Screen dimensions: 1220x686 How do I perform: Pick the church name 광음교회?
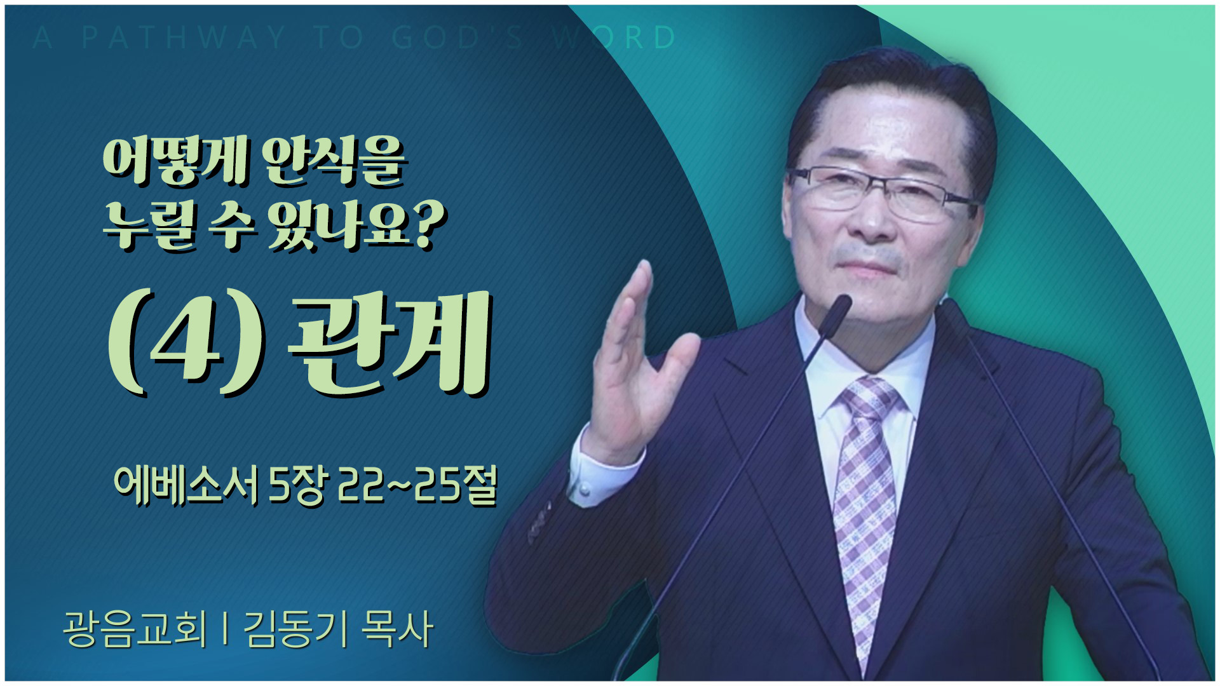pyautogui.click(x=135, y=629)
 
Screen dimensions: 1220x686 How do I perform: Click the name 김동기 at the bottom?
pyautogui.click(x=295, y=629)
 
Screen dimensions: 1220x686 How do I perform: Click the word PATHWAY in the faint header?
pyautogui.click(x=184, y=37)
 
